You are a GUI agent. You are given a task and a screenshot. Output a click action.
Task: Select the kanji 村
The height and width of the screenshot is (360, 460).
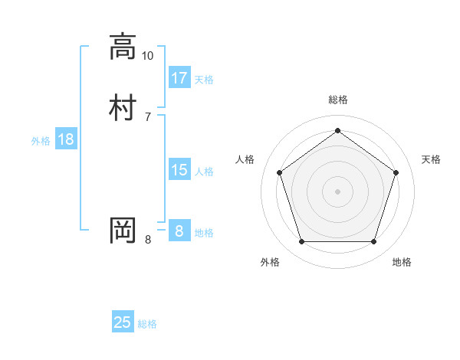click(123, 107)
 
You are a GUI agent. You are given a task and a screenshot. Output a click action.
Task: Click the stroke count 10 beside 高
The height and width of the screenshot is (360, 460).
click(147, 56)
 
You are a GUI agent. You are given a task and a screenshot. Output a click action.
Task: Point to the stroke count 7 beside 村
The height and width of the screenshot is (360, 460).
click(147, 116)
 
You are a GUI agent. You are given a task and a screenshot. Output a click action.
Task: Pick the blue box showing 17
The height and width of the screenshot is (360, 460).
click(179, 77)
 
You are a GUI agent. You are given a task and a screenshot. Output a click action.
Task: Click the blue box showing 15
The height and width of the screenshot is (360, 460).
click(179, 170)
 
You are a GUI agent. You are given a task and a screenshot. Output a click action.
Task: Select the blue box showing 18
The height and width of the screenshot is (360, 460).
click(65, 139)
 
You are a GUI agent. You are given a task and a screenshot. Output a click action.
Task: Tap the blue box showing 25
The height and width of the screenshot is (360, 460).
click(123, 322)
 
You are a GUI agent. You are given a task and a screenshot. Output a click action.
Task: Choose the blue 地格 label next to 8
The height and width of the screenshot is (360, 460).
click(204, 233)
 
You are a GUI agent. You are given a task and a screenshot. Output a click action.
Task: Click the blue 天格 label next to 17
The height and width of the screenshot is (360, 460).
click(204, 80)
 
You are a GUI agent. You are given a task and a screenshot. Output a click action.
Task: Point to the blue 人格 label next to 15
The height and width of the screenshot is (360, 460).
click(204, 172)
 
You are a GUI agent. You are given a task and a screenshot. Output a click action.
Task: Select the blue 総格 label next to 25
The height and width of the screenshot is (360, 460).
click(147, 324)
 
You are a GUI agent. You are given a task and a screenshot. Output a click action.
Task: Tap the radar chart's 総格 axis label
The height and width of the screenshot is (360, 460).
click(337, 100)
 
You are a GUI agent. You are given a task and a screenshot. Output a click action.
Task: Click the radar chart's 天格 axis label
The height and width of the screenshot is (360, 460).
click(431, 159)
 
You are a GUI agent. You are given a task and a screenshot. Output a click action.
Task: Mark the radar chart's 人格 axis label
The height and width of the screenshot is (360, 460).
click(245, 159)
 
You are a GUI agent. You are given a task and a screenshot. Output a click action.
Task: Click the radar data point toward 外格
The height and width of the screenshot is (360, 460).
click(301, 242)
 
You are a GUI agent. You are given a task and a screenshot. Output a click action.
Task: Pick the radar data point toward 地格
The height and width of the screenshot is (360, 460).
click(373, 242)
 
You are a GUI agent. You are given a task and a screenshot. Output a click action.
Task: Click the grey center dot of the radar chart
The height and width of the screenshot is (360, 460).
click(337, 191)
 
